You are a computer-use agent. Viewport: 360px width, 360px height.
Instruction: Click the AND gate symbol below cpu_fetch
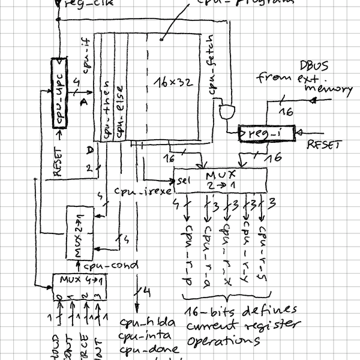pyautogui.click(x=227, y=111)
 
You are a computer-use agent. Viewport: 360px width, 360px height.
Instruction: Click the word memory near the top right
pyautogui.click(x=328, y=89)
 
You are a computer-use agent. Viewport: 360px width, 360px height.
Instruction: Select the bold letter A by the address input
pyautogui.click(x=84, y=103)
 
